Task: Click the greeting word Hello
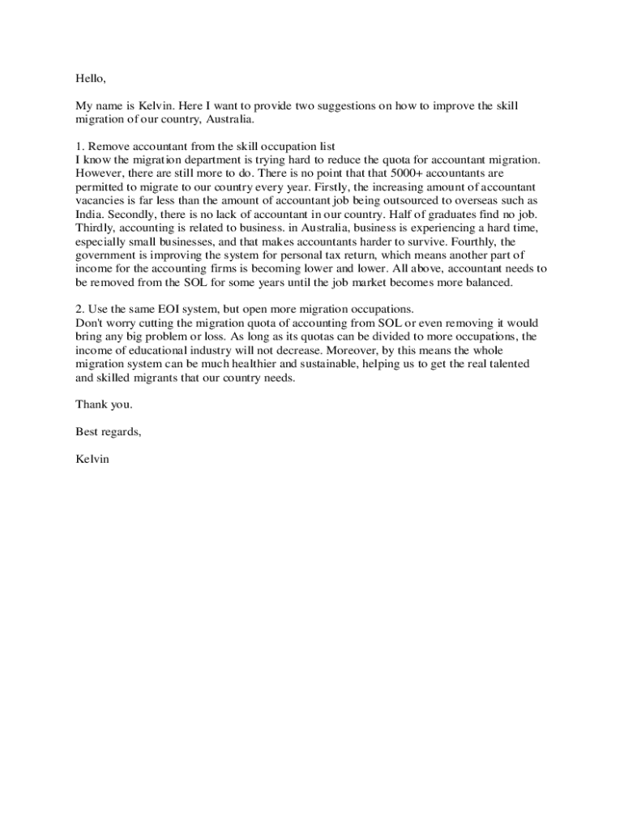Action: coord(90,79)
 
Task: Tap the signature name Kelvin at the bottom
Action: coord(92,458)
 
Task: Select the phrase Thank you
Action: coord(104,404)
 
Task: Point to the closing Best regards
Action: coord(109,431)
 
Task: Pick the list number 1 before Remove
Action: coord(79,147)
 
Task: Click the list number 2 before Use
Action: coord(79,309)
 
